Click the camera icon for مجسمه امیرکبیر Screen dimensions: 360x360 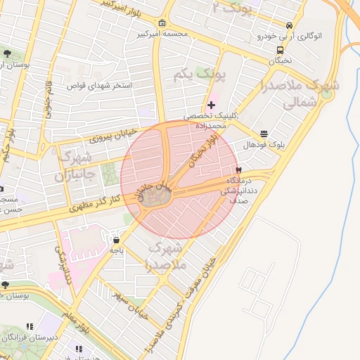[163, 23]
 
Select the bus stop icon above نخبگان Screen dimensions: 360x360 [281, 50]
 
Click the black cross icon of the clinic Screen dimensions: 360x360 [212, 105]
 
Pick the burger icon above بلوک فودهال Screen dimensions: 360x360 [264, 134]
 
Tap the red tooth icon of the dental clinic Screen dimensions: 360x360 [238, 170]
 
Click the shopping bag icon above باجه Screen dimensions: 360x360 [115, 240]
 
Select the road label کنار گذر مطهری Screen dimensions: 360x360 [97, 204]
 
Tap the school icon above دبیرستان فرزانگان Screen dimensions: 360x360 [29, 327]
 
